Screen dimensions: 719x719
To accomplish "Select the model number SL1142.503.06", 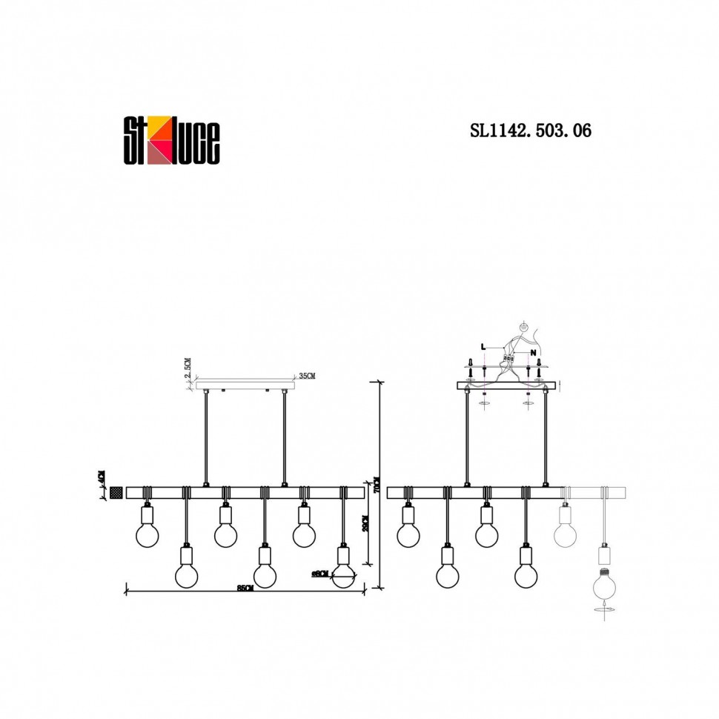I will (x=530, y=131).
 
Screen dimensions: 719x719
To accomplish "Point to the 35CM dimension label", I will (x=306, y=377).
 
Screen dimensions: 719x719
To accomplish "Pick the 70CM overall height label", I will (x=377, y=486).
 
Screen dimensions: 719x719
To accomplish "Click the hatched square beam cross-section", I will (x=116, y=492).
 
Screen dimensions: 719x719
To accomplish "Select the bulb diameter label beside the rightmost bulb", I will (x=320, y=573).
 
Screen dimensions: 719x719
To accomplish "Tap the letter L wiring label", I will (x=483, y=346).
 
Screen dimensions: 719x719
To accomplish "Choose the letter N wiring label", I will (x=533, y=354).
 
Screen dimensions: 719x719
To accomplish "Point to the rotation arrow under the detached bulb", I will (x=605, y=609).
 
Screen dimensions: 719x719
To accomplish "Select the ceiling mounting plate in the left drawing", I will (x=245, y=385).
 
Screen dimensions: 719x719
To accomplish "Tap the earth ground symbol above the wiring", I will (x=523, y=326).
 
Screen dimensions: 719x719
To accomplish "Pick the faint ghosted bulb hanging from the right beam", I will (x=568, y=532).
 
